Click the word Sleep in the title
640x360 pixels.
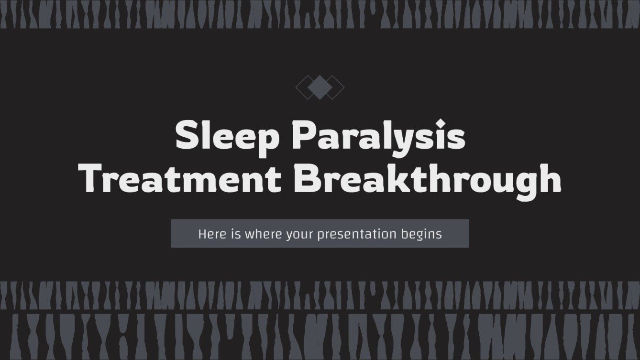coord(227,136)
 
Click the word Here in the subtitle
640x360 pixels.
coord(210,234)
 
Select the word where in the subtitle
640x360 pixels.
coord(260,234)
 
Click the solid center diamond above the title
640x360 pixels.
coord(320,87)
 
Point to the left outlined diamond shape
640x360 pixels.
coord(303,87)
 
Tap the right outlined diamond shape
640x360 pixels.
coord(337,87)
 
